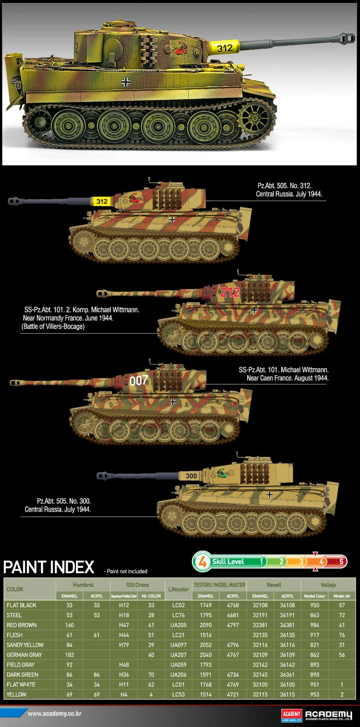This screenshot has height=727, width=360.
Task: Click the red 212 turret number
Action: click(x=230, y=292)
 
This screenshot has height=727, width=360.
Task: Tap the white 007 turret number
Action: click(x=139, y=381)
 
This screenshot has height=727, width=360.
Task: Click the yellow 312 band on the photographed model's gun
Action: click(x=224, y=48)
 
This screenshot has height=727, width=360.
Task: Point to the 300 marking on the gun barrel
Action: click(x=191, y=476)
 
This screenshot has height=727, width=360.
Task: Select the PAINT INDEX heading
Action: click(x=49, y=567)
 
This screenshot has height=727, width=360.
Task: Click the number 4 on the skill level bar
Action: click(x=321, y=561)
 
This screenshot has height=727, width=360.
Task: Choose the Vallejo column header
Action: click(x=328, y=585)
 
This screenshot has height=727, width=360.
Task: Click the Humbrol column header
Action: click(x=83, y=585)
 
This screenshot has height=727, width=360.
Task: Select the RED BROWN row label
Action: click(x=21, y=625)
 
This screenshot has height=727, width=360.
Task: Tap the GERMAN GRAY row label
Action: click(x=24, y=655)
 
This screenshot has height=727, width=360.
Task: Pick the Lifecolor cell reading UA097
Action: click(x=178, y=645)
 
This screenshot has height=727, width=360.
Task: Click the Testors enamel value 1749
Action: click(x=206, y=605)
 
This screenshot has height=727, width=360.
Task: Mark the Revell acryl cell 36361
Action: click(x=288, y=674)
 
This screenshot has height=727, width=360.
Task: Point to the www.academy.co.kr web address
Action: click(x=54, y=714)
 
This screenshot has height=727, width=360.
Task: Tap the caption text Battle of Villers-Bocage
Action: click(x=53, y=326)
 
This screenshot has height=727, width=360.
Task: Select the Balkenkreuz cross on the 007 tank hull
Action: click(x=173, y=402)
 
